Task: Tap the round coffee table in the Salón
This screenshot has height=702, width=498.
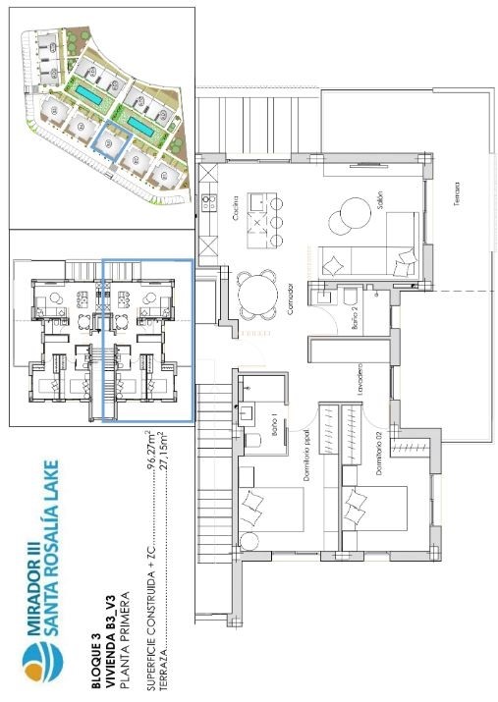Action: click(x=351, y=211)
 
